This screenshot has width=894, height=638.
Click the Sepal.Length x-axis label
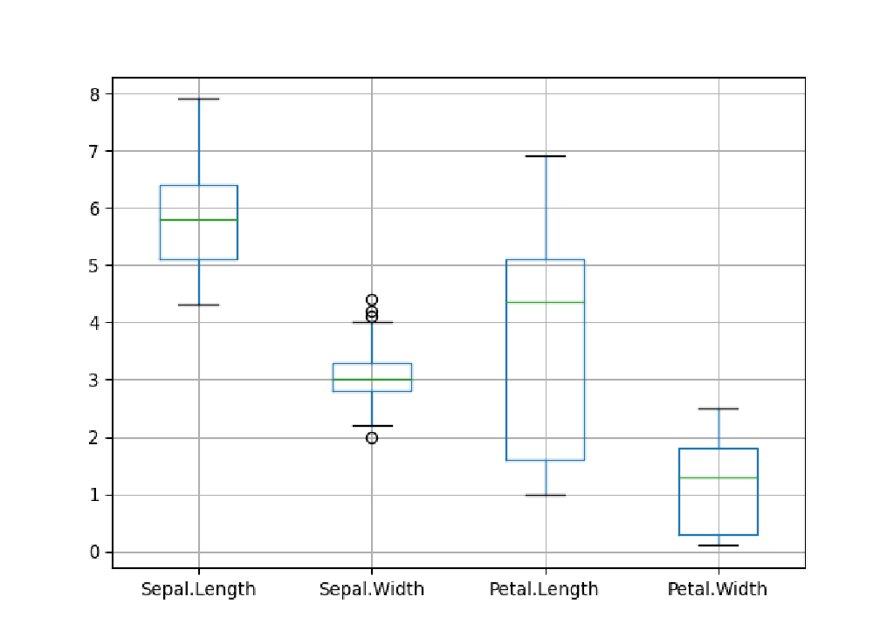pos(198,589)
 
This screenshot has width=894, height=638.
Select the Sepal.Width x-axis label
pos(372,589)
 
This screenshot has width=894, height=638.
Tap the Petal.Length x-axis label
pos(545,589)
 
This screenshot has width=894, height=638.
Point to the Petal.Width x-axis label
pos(718,589)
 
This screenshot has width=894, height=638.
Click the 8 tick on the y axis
pos(94,93)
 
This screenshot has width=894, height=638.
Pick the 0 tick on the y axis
pos(94,552)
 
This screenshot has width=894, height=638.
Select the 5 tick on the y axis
pos(94,265)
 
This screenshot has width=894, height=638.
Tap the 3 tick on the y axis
pos(94,381)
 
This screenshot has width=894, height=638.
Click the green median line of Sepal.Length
pos(198,220)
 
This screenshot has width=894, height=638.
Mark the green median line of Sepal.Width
pos(372,380)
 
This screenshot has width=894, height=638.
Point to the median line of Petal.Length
pos(545,302)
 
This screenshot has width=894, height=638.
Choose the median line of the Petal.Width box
pos(718,477)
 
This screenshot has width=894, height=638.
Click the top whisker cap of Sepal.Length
pos(198,99)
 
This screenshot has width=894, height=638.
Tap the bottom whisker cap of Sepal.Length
pos(198,305)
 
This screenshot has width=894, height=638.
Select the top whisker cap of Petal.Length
pos(545,156)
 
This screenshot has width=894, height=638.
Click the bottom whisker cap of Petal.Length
pos(545,495)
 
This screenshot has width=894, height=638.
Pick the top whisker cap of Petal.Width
pos(718,408)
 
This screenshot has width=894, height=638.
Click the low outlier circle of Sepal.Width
pos(372,437)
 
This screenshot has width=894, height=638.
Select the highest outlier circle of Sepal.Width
pos(372,300)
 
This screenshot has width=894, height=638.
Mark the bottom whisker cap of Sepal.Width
pos(372,426)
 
